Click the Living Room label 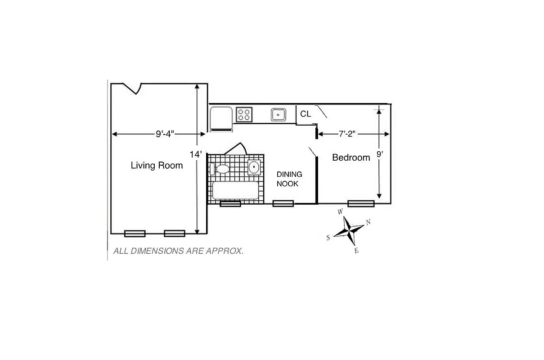(x=157, y=166)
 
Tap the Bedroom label (x=351, y=157)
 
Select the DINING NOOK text (x=289, y=179)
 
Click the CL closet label (x=306, y=114)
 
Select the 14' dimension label (x=195, y=154)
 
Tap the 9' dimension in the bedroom (x=380, y=154)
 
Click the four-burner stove (x=244, y=114)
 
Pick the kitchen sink (x=279, y=115)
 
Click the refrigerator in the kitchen (x=221, y=118)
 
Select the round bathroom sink (x=254, y=167)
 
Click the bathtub (x=235, y=190)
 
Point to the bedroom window (x=361, y=203)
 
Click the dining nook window (x=283, y=203)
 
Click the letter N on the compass (x=368, y=222)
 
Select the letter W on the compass (x=341, y=211)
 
